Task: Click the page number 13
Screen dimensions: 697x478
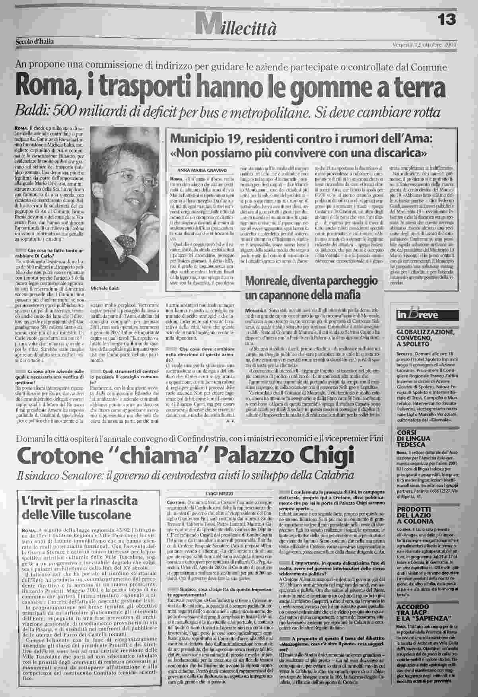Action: (x=447, y=19)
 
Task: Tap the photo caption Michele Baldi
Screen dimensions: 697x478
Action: (x=105, y=288)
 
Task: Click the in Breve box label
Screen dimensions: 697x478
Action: (x=416, y=315)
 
